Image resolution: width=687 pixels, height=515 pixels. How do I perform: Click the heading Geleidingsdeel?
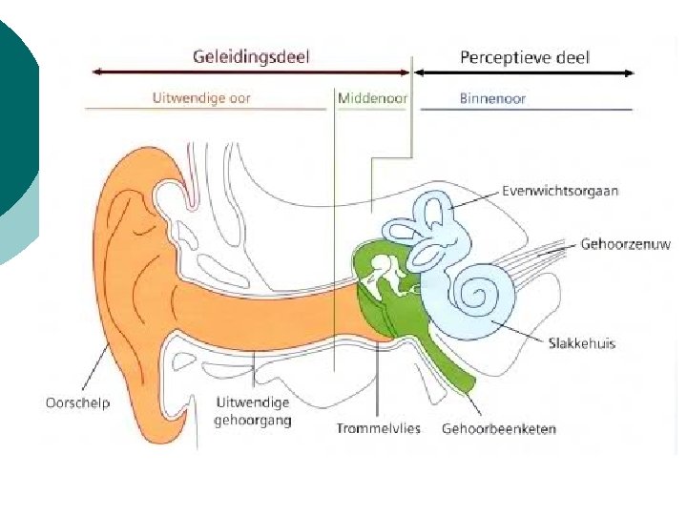252,56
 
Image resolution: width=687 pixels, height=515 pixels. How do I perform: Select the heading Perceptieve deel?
525,57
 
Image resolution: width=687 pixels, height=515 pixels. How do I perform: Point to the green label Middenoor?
372,97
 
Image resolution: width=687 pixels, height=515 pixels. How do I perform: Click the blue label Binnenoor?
492,97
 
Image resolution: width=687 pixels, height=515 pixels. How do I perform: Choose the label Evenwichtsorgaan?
560,191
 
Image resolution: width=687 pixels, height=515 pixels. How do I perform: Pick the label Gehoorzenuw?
625,244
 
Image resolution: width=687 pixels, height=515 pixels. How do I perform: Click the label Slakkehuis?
582,343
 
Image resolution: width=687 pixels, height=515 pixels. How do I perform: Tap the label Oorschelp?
78,402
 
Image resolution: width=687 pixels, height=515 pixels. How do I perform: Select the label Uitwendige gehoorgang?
253,411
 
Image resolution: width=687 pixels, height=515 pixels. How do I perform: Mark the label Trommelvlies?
378,428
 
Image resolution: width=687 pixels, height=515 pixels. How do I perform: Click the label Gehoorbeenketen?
498,428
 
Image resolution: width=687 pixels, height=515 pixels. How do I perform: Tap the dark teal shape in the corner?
14,114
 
